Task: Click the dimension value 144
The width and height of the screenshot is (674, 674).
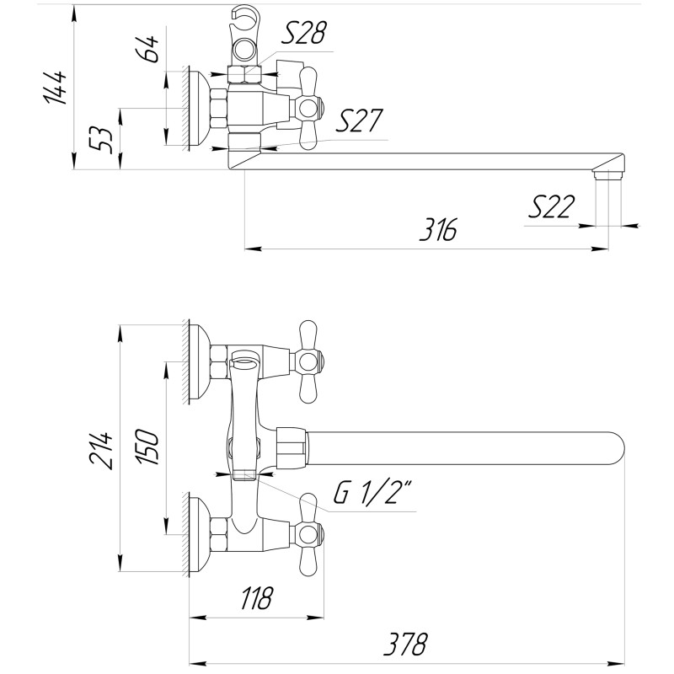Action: (56, 86)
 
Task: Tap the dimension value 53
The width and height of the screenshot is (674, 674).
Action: (102, 137)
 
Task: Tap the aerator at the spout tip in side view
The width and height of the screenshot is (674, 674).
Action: (607, 174)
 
